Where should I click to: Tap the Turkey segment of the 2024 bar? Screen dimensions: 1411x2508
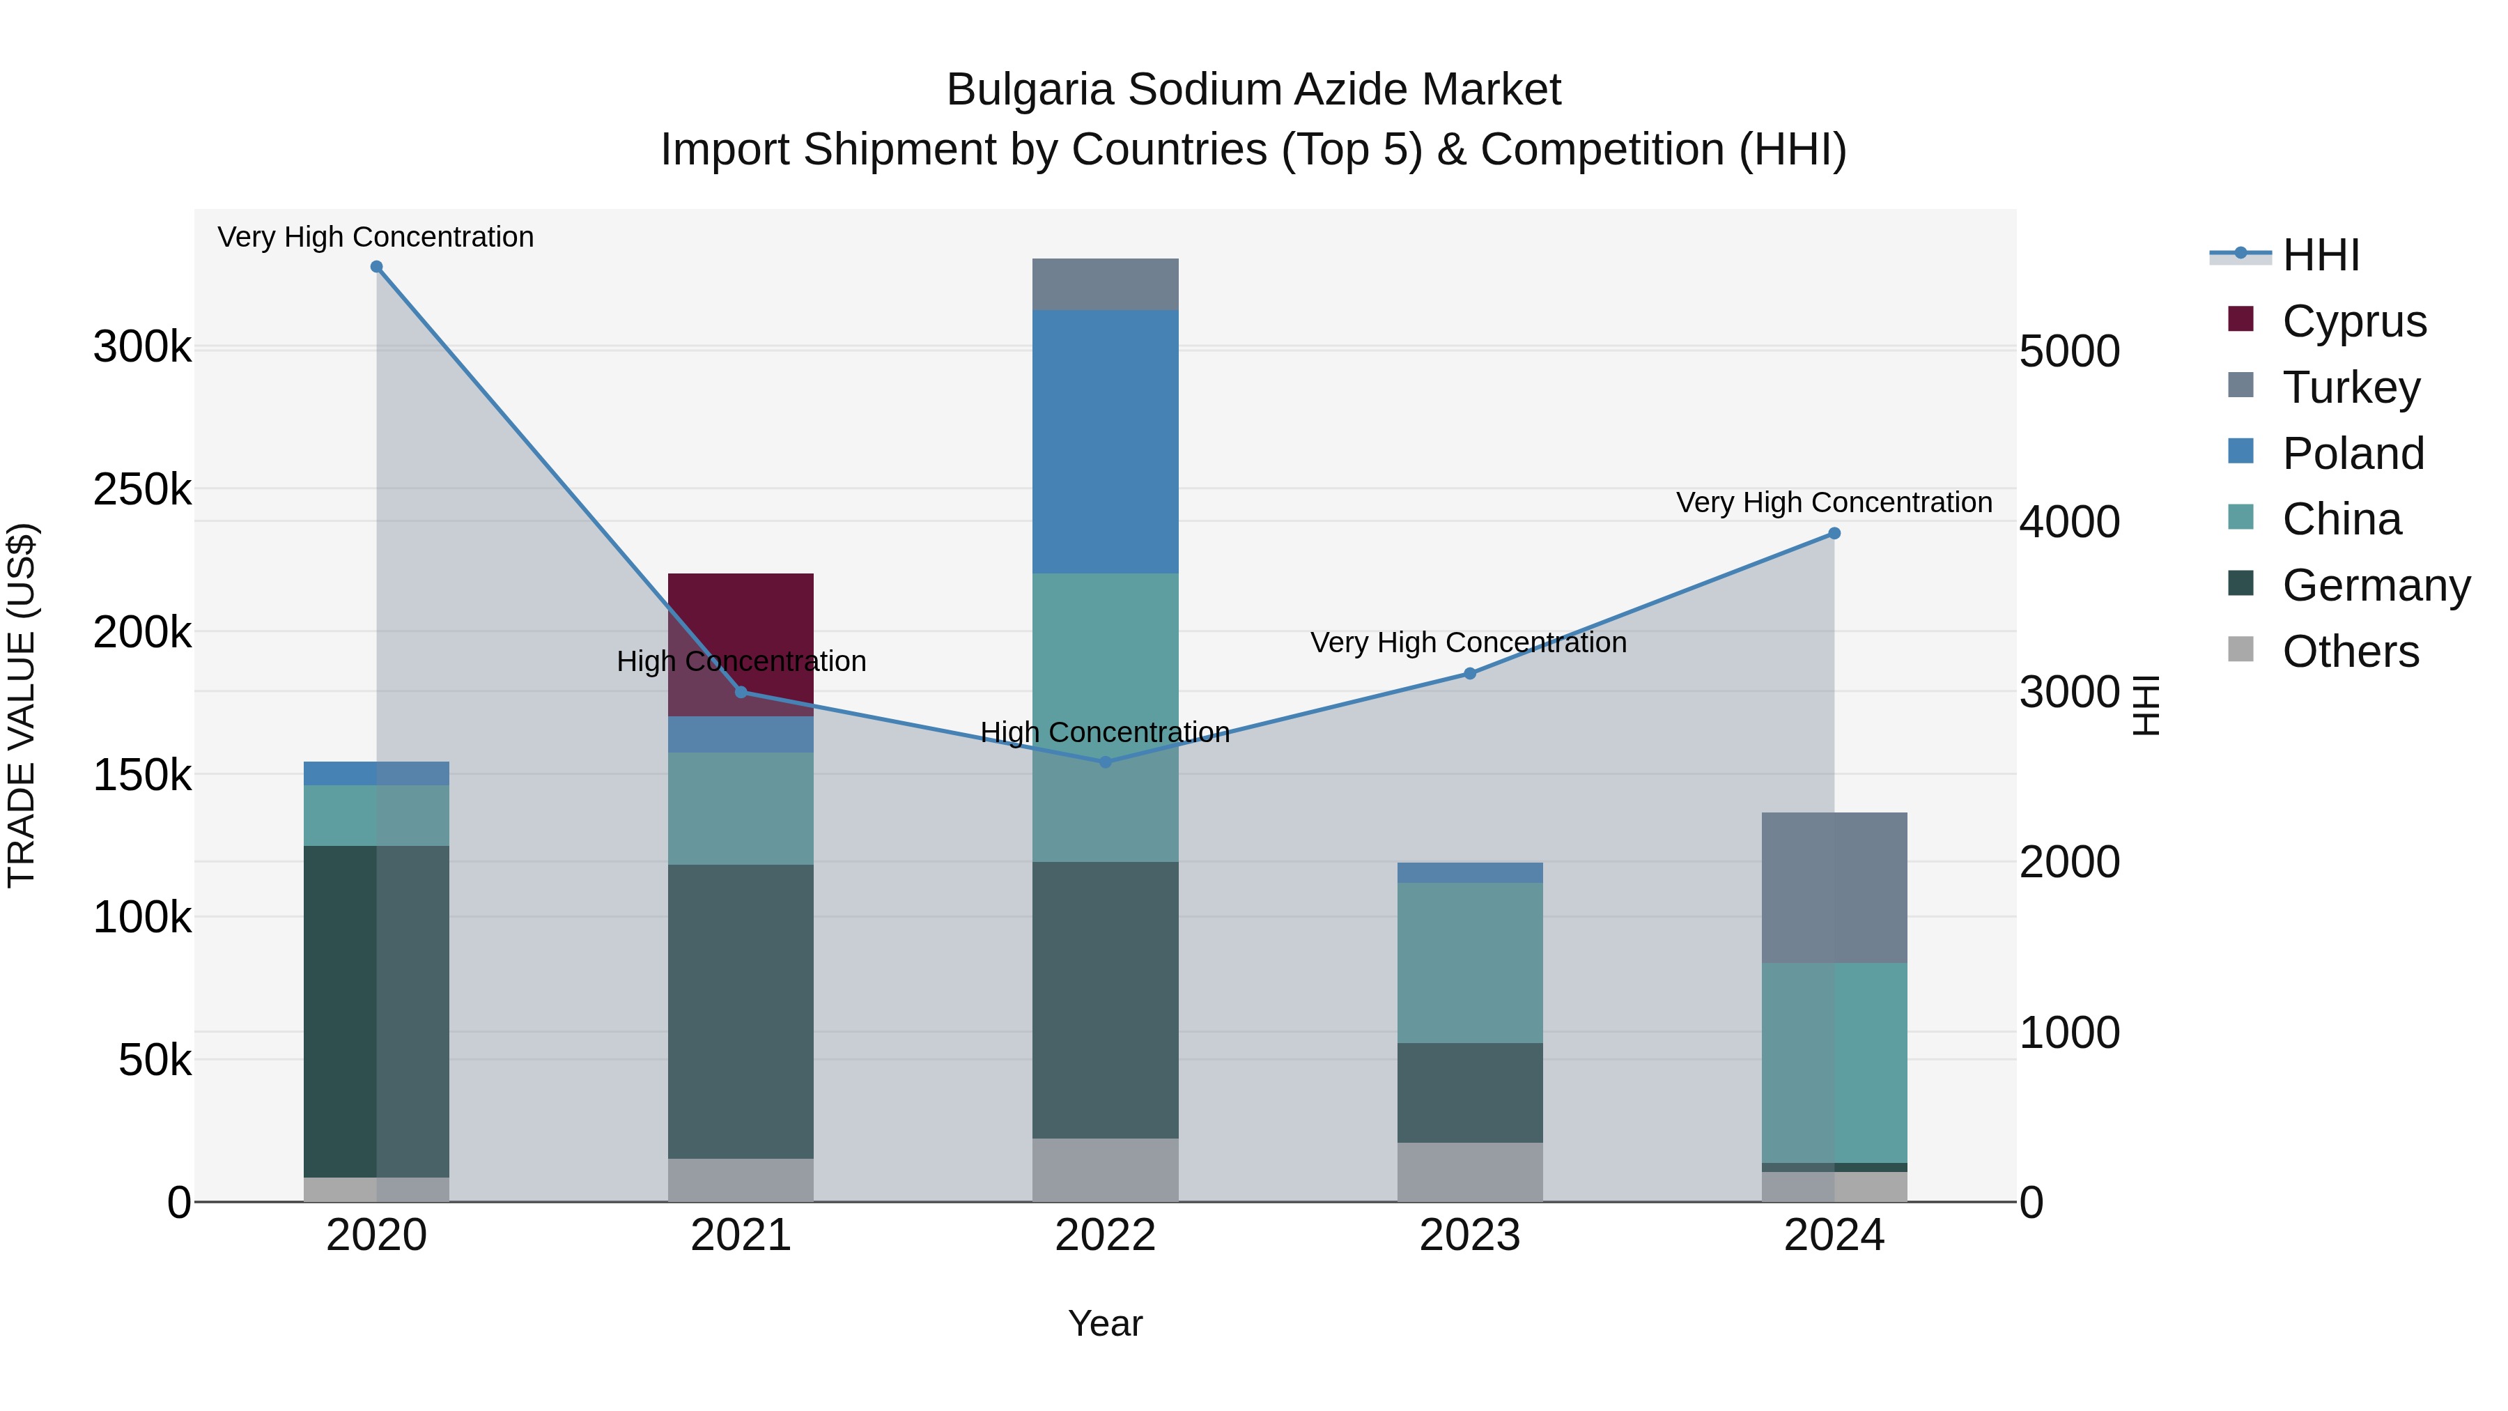coord(1834,887)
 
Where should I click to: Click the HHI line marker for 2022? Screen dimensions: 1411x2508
coord(1105,762)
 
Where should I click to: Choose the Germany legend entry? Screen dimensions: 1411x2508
coord(2376,585)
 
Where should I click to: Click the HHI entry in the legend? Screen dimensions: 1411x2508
coord(2320,255)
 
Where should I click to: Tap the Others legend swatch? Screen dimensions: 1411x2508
coord(2240,649)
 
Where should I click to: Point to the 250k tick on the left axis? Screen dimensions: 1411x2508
coord(142,490)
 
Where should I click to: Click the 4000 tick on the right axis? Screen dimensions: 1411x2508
coord(2069,522)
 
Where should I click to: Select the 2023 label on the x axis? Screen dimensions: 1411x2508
coord(1469,1235)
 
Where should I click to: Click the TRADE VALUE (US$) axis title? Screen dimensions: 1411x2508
coord(22,705)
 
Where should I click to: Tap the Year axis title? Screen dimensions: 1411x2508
coord(1105,1323)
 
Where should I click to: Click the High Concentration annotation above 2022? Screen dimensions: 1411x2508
coord(1105,732)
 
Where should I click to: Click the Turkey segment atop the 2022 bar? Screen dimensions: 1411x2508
coord(1105,284)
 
